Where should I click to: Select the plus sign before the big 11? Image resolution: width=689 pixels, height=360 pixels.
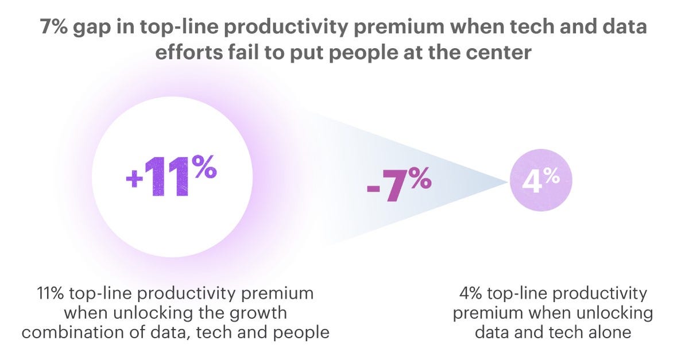click(x=134, y=179)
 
